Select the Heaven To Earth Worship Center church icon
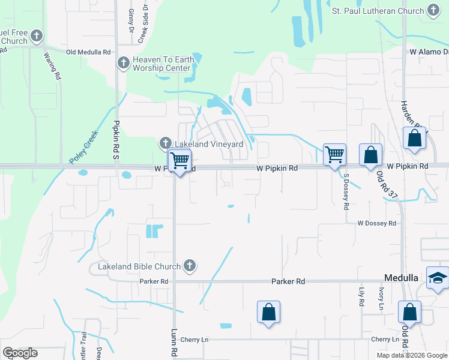point(124,62)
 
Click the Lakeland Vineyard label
point(209,144)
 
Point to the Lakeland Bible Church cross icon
point(190,266)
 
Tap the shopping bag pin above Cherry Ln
point(268,312)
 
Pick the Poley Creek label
point(82,149)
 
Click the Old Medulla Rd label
point(88,52)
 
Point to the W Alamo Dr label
point(429,52)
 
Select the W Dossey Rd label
point(377,223)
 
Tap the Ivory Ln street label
point(381,299)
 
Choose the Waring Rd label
point(53,66)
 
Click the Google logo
point(20,353)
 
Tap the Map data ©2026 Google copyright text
point(411,355)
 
